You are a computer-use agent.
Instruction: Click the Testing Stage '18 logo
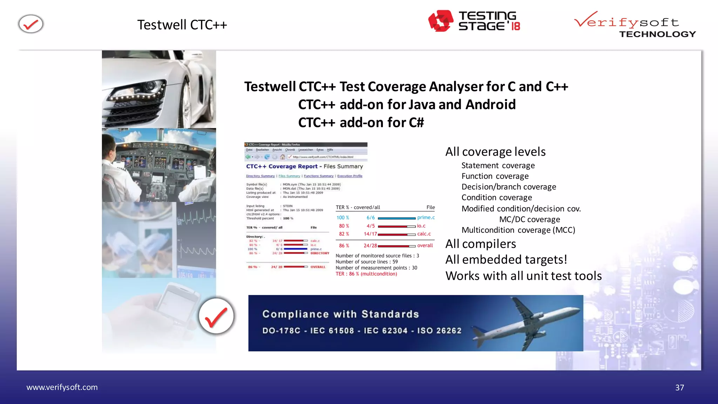pyautogui.click(x=474, y=21)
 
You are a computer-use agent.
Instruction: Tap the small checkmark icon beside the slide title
pyautogui.click(x=31, y=24)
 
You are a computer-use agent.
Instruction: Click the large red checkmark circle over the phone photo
pyautogui.click(x=216, y=316)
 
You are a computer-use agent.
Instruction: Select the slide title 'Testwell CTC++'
pyautogui.click(x=182, y=25)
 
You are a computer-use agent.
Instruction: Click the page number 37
pyautogui.click(x=679, y=388)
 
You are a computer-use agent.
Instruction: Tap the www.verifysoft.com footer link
pyautogui.click(x=62, y=387)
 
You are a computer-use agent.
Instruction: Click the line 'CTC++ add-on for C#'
pyautogui.click(x=361, y=122)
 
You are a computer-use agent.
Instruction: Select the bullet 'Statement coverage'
pyautogui.click(x=498, y=166)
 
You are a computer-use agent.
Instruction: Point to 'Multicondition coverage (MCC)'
pyautogui.click(x=518, y=230)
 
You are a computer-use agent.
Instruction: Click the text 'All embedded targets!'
pyautogui.click(x=506, y=260)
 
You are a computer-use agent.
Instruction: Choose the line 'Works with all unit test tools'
pyautogui.click(x=523, y=276)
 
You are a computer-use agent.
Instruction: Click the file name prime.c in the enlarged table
pyautogui.click(x=426, y=217)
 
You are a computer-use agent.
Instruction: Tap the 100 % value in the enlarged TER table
pyautogui.click(x=343, y=217)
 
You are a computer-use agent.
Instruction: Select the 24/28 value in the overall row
pyautogui.click(x=370, y=245)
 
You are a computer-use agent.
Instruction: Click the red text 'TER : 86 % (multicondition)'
pyautogui.click(x=366, y=274)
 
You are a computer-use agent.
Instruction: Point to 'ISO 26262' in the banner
pyautogui.click(x=439, y=331)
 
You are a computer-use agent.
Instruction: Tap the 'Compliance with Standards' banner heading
pyautogui.click(x=340, y=314)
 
